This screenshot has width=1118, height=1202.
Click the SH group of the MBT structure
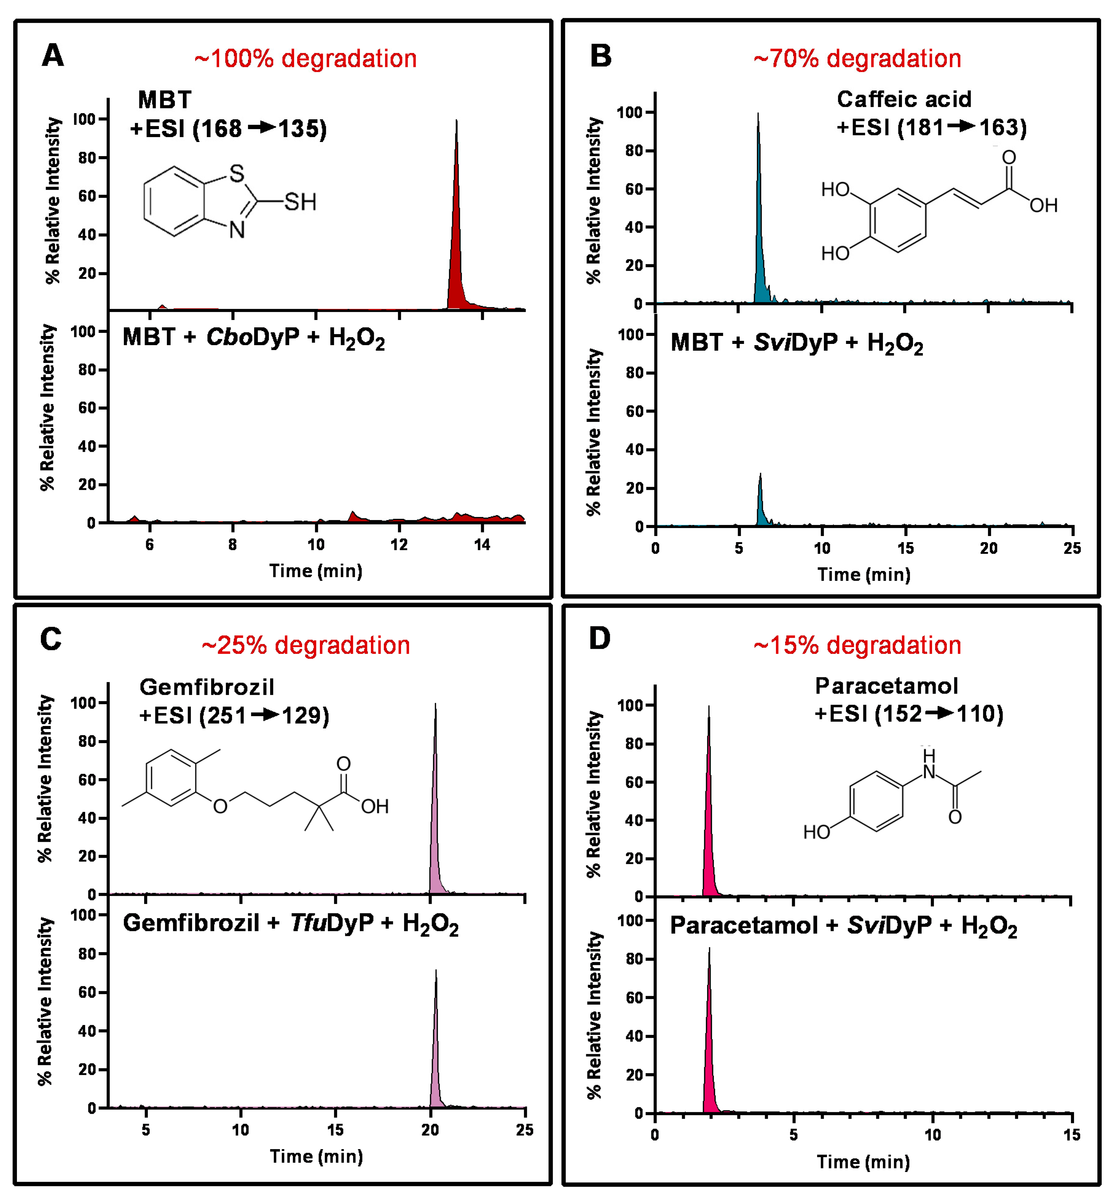tap(300, 202)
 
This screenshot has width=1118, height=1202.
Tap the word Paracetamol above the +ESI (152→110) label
tap(886, 686)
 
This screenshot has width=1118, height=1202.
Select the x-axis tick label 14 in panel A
tap(482, 545)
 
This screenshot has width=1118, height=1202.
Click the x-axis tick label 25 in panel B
tap(1072, 548)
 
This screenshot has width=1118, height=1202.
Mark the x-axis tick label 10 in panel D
tap(932, 1135)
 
